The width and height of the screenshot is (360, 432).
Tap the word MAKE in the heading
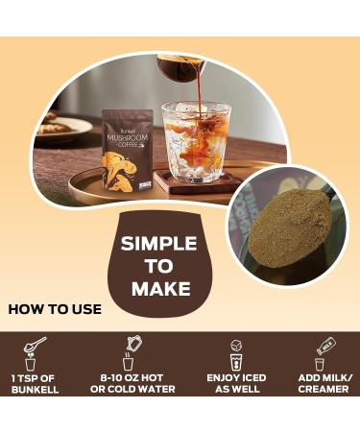tap(160, 288)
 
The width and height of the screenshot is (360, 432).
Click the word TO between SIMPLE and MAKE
tap(160, 266)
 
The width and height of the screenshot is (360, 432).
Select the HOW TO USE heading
tap(49, 310)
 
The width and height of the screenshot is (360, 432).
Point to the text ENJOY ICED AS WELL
tap(236, 383)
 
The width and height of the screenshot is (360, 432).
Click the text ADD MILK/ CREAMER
tap(325, 383)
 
